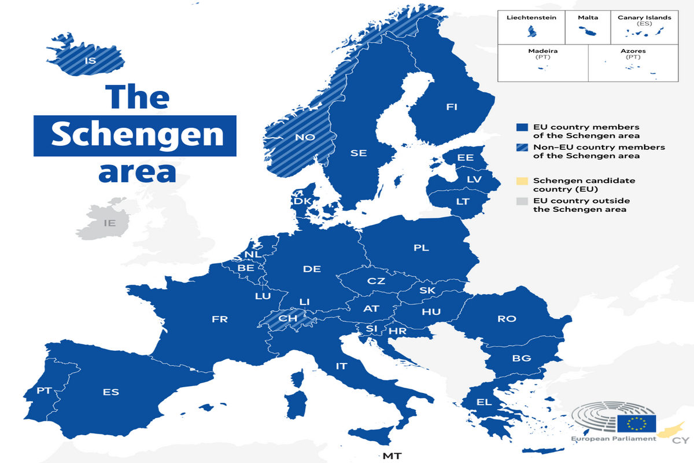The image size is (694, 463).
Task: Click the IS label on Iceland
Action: click(x=90, y=60)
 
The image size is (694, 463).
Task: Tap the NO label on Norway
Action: click(x=305, y=137)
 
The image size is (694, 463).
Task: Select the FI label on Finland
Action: click(x=452, y=106)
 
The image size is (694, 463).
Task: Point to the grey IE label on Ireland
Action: click(x=109, y=223)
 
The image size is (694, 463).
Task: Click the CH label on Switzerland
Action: click(x=287, y=318)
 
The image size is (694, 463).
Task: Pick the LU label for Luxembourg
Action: click(x=263, y=296)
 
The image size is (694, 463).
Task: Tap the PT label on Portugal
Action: click(x=44, y=391)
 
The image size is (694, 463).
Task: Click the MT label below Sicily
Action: click(x=392, y=455)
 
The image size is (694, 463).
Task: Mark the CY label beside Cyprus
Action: click(x=680, y=440)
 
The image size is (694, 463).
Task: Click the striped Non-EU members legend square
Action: click(x=522, y=148)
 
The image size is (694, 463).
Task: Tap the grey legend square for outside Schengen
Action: click(x=522, y=201)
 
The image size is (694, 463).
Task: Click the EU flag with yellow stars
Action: click(x=637, y=424)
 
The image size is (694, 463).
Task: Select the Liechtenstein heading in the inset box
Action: click(x=531, y=17)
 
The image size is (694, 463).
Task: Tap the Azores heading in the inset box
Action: click(x=633, y=51)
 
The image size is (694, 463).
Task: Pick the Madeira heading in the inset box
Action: click(x=542, y=51)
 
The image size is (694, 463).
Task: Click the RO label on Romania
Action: click(x=507, y=318)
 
